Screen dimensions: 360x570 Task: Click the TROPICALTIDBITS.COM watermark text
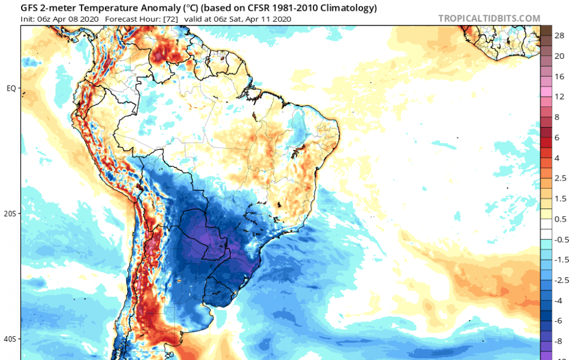click(x=489, y=18)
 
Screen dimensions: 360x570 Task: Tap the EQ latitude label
click(x=11, y=88)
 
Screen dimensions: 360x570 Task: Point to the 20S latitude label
click(x=11, y=214)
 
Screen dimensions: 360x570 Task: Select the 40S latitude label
click(x=11, y=339)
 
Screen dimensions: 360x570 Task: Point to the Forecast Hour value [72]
click(x=174, y=19)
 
